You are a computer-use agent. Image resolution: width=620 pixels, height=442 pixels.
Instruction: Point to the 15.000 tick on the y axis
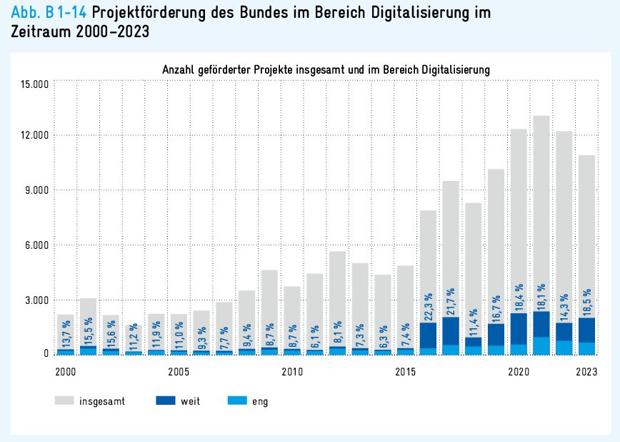[x=34, y=84]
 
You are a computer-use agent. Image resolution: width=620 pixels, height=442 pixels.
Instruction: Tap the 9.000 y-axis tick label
[x=36, y=190]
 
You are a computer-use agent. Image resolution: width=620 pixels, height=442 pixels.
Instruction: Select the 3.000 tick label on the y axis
[x=36, y=300]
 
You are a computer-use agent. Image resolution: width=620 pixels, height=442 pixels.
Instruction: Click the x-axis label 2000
[x=65, y=372]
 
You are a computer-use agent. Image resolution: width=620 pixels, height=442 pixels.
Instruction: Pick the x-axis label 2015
[x=405, y=372]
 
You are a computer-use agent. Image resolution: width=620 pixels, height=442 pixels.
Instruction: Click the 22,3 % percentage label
[x=429, y=307]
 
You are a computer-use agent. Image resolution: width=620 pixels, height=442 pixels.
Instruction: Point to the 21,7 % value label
[x=451, y=303]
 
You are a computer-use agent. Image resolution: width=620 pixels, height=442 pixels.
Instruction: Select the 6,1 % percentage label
[x=315, y=334]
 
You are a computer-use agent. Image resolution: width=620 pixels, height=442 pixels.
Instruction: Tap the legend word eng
[x=260, y=401]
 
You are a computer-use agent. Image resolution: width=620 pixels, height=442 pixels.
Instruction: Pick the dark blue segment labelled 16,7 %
[x=496, y=335]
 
